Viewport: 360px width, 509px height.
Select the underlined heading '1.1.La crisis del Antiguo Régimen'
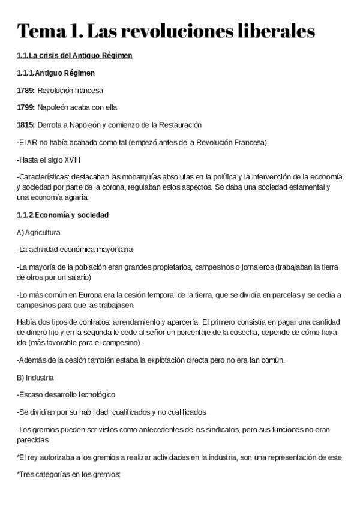tap(75, 56)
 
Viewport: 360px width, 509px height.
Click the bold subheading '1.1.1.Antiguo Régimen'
tap(56, 73)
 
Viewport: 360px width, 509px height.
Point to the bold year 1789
tap(26, 91)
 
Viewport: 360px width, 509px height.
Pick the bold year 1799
tap(26, 108)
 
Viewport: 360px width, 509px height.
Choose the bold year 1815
tap(26, 125)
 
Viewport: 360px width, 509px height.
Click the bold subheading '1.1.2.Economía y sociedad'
tap(63, 215)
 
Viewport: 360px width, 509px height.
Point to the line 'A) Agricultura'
tap(39, 232)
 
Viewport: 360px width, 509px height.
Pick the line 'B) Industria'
tap(35, 378)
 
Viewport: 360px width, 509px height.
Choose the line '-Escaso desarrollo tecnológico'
tap(66, 395)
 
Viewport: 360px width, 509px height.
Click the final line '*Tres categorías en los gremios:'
tap(69, 474)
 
